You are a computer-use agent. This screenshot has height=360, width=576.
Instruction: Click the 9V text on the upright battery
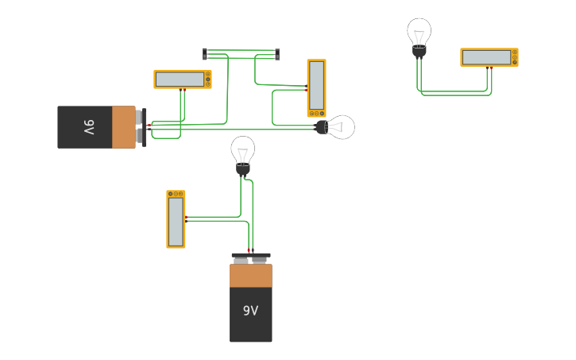[250, 311]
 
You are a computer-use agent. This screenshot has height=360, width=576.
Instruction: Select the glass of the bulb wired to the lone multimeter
[419, 33]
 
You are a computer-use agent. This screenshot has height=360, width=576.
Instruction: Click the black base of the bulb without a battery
[419, 52]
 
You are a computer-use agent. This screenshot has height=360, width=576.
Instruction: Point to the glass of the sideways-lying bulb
[341, 126]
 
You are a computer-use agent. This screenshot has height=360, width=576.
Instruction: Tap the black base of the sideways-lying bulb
[322, 126]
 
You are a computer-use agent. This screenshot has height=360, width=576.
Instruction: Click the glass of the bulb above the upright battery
[243, 149]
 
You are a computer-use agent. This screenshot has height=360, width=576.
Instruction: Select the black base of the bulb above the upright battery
[243, 168]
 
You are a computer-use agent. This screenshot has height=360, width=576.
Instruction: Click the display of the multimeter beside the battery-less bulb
[486, 57]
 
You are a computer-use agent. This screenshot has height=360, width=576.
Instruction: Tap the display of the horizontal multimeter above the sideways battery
[180, 79]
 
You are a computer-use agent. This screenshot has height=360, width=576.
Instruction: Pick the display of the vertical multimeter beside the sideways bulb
[316, 85]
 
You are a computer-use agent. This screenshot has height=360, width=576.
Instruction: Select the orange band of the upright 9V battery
[250, 275]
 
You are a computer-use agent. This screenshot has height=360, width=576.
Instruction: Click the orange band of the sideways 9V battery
[123, 127]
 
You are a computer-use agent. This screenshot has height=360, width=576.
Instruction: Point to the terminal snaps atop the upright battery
[250, 258]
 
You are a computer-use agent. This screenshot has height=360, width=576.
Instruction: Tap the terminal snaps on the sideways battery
[141, 127]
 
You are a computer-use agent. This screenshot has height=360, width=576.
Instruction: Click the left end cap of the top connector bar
[205, 54]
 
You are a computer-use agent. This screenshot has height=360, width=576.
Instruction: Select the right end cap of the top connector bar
[277, 54]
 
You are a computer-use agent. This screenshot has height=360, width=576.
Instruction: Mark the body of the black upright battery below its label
[250, 331]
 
